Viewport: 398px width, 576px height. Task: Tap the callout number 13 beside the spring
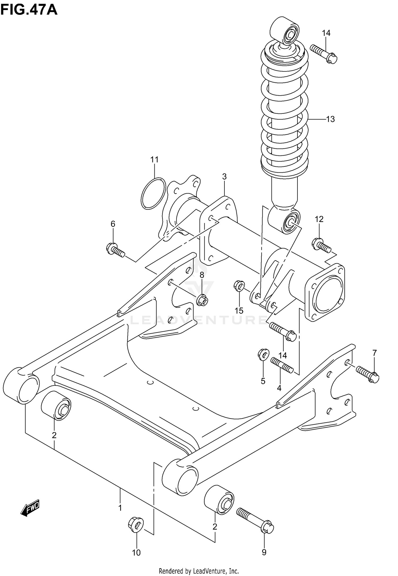click(x=330, y=119)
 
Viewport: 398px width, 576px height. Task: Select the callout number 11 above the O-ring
click(x=154, y=160)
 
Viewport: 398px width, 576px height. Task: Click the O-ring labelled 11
click(x=153, y=193)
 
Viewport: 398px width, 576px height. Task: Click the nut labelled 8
click(x=202, y=300)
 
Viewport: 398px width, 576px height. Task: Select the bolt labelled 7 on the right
click(x=368, y=374)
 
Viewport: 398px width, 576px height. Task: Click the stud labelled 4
click(x=282, y=365)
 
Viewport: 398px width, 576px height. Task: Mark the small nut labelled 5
click(x=263, y=355)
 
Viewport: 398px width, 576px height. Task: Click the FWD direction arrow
click(x=30, y=508)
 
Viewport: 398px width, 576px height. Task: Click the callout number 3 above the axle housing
click(x=224, y=177)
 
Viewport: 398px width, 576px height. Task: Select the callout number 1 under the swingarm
click(x=120, y=508)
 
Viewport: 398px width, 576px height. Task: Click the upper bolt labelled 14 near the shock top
click(x=323, y=54)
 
